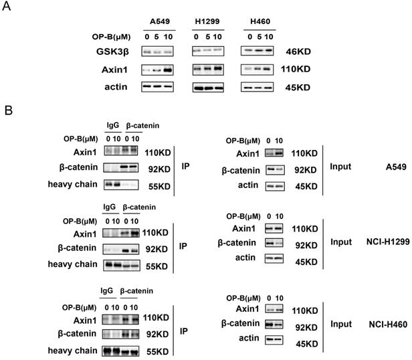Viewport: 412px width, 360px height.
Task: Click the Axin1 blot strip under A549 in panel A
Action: pyautogui.click(x=158, y=68)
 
